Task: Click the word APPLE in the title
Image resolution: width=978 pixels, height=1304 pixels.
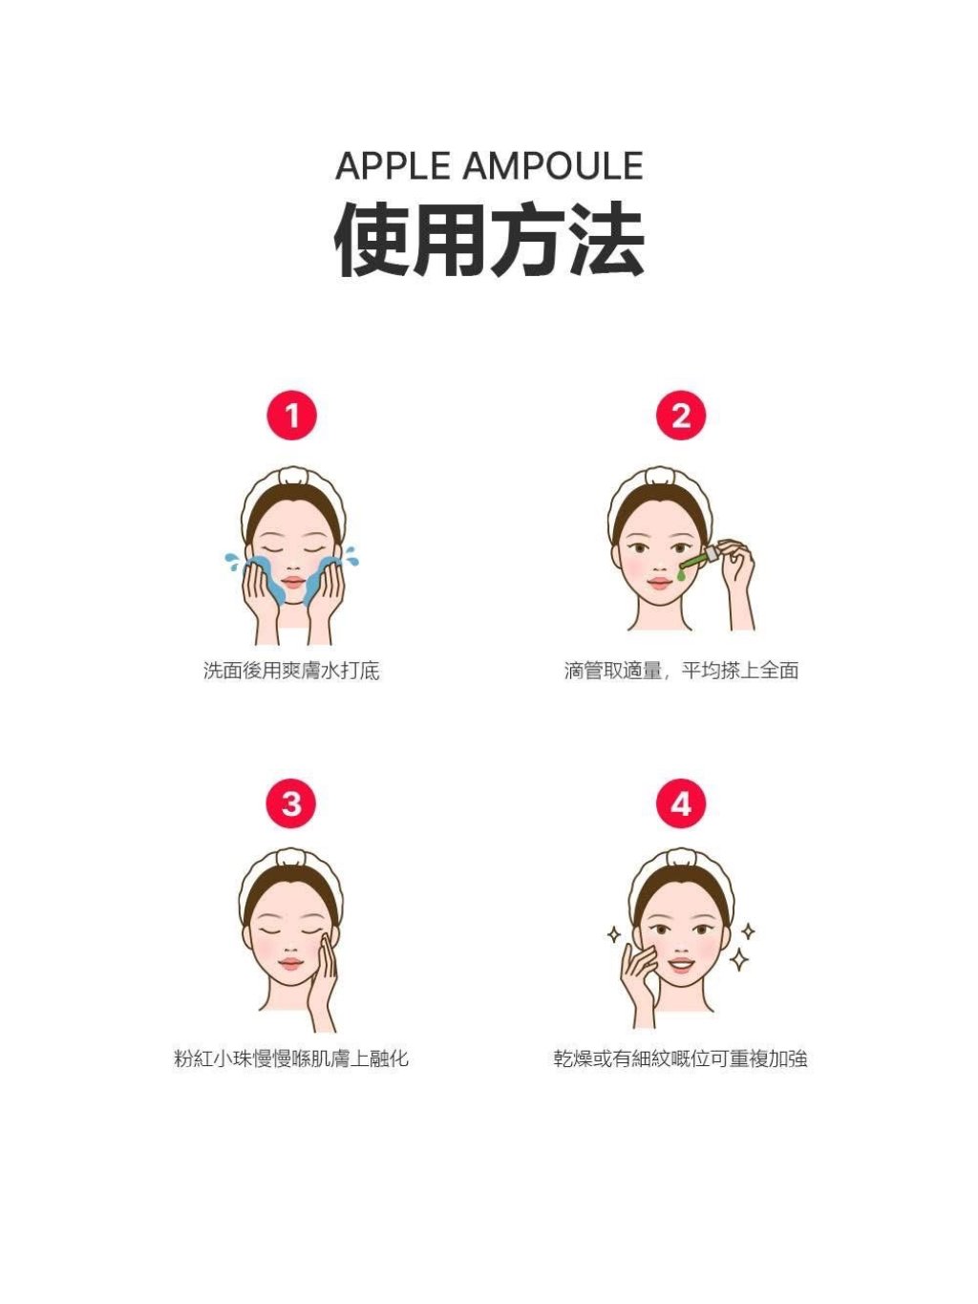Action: [x=393, y=166]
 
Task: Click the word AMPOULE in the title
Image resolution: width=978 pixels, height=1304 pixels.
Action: [x=553, y=166]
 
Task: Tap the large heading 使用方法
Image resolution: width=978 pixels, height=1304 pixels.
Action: [x=489, y=240]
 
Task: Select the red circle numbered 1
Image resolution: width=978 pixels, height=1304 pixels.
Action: [x=291, y=416]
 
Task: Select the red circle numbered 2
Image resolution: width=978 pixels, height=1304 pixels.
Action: [x=681, y=416]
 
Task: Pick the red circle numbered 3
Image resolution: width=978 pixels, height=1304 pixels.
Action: [x=291, y=803]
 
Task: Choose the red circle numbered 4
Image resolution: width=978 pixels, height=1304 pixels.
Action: [x=681, y=803]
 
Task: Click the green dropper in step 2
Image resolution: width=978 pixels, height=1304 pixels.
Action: [x=696, y=564]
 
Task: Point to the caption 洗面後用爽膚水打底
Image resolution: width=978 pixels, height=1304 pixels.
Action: [x=291, y=671]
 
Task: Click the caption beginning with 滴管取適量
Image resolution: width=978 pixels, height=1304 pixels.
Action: [x=681, y=671]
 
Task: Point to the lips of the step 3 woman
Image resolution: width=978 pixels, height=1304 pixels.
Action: [x=290, y=963]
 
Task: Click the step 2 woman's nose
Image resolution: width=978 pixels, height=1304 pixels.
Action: [x=659, y=565]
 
